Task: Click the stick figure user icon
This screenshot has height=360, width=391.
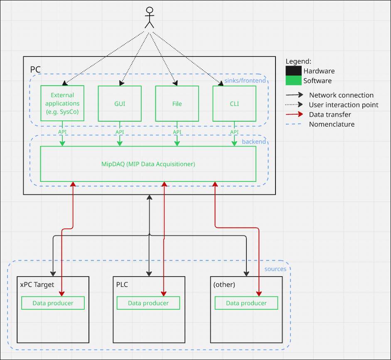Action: pyautogui.click(x=149, y=17)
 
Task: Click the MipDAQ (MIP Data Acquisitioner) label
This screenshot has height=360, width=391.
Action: pyautogui.click(x=148, y=164)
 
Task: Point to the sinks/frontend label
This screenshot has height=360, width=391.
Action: pyautogui.click(x=245, y=81)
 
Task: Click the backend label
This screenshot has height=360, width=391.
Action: pyautogui.click(x=254, y=142)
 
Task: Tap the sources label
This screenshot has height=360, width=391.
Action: pyautogui.click(x=275, y=269)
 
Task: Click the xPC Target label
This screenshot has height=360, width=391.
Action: pyautogui.click(x=37, y=284)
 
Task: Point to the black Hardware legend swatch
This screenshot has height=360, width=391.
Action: pyautogui.click(x=293, y=71)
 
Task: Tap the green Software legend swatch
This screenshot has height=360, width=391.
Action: pyautogui.click(x=293, y=81)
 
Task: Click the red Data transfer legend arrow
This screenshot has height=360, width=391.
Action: pyautogui.click(x=294, y=114)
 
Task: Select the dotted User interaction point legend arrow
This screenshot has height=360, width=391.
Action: pyautogui.click(x=294, y=105)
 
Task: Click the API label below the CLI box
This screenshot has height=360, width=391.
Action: pyautogui.click(x=234, y=132)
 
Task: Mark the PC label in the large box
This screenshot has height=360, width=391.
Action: pyautogui.click(x=35, y=69)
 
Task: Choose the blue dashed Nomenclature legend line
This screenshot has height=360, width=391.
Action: pyautogui.click(x=293, y=124)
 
